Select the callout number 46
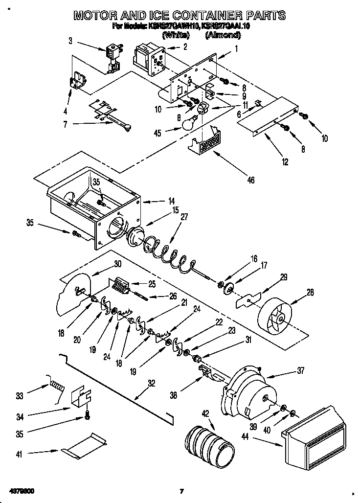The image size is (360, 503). coord(250,181)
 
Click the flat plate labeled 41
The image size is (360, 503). coord(85,444)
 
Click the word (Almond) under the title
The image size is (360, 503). coord(223,35)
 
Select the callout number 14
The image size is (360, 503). coord(171,200)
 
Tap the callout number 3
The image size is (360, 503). coord(70,41)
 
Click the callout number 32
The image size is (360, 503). coord(152,384)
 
